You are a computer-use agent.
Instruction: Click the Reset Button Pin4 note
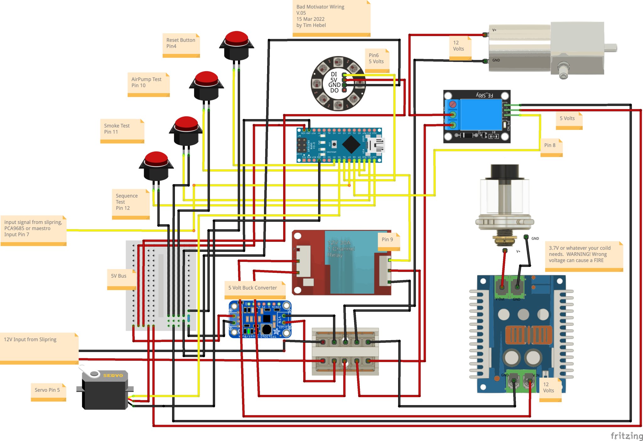(x=181, y=45)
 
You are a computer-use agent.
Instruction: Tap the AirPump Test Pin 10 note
(x=148, y=84)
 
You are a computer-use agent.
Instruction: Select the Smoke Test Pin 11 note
(x=122, y=130)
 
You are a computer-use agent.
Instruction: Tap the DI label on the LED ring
(x=334, y=74)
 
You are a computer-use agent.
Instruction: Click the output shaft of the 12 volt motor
(x=611, y=48)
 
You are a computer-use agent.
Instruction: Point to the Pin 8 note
(x=551, y=147)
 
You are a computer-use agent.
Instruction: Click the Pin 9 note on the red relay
(x=388, y=241)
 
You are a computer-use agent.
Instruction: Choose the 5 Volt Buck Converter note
(x=255, y=290)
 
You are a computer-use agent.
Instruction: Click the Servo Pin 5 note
(x=48, y=392)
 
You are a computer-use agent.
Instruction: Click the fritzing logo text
(x=626, y=435)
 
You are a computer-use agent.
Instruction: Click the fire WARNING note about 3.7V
(x=583, y=256)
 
